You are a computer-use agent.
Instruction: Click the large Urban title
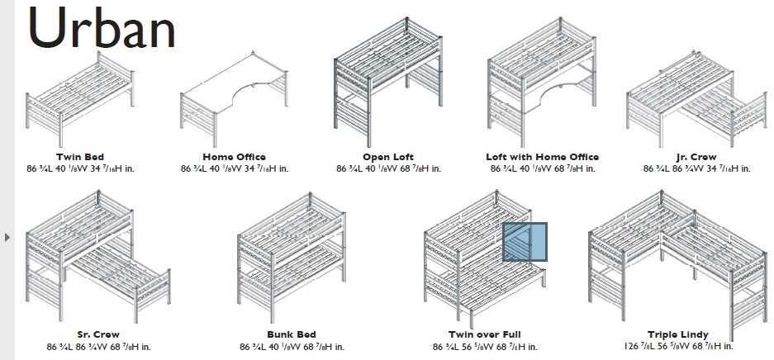tap(102, 27)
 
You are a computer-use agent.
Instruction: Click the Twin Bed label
tap(80, 157)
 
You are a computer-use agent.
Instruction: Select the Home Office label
tap(234, 157)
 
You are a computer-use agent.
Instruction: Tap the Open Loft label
tap(388, 157)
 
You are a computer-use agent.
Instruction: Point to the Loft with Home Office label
tap(542, 157)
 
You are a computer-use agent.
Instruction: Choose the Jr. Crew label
tap(696, 157)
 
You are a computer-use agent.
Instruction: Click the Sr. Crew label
tap(99, 334)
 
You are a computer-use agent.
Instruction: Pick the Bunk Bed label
tap(292, 334)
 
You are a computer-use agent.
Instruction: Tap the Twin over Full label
tap(485, 334)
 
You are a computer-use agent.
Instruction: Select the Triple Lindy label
tap(678, 334)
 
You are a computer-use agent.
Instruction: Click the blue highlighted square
tap(525, 242)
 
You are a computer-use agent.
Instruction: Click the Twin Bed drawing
tap(80, 98)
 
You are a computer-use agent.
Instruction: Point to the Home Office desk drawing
tap(234, 98)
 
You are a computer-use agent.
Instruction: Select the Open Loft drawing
tap(388, 82)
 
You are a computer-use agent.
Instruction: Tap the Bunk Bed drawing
tap(292, 258)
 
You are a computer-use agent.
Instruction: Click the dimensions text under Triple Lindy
tap(678, 346)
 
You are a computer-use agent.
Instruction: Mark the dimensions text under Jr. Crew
tap(696, 168)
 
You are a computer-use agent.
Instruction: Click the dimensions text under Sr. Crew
tap(99, 347)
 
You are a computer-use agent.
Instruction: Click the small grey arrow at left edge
tap(7, 237)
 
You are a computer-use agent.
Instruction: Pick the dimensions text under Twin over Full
tap(485, 347)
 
